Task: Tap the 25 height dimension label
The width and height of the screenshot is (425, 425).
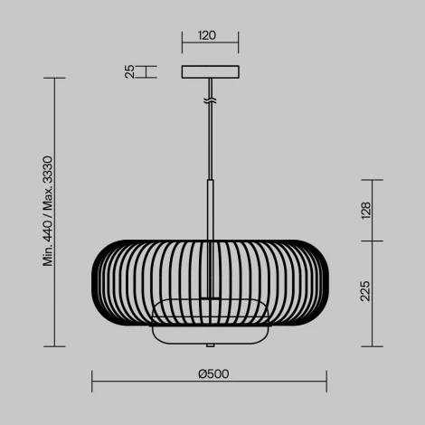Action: (x=129, y=71)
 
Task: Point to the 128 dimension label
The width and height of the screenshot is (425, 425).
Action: (x=365, y=211)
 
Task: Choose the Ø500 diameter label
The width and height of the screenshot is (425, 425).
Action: (x=211, y=373)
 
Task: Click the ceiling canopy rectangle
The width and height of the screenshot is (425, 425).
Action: (x=211, y=71)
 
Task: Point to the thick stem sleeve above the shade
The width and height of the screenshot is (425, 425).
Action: (x=211, y=208)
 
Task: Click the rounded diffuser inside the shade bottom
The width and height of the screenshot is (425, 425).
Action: (x=211, y=321)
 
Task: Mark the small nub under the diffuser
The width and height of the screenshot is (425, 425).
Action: (x=211, y=345)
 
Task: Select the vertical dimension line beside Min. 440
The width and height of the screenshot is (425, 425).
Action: (x=60, y=212)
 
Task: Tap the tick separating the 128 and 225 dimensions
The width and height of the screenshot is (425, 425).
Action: (x=371, y=241)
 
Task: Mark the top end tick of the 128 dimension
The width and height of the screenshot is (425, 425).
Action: (x=371, y=180)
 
